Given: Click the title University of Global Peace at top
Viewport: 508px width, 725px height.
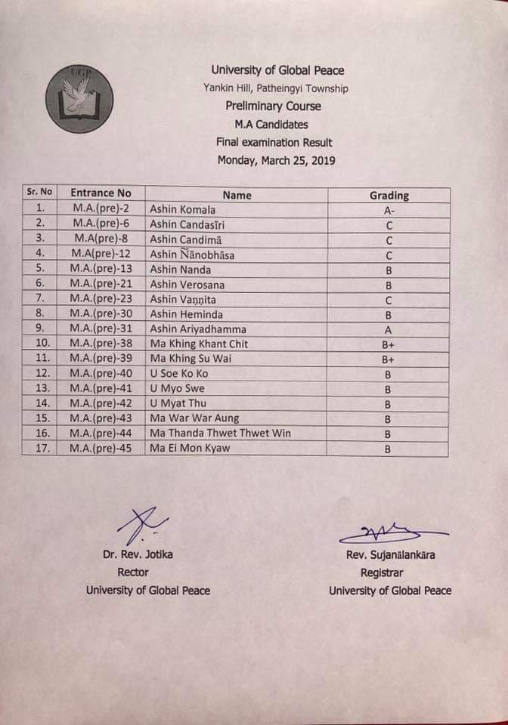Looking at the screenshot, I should click(x=277, y=71).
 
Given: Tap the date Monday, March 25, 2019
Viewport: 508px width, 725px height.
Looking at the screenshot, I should click(x=277, y=160).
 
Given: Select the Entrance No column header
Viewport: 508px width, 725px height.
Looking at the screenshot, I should click(x=101, y=193).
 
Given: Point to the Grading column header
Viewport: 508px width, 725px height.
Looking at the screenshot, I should click(x=389, y=195).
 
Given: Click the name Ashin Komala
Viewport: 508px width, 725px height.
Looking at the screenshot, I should click(x=182, y=210).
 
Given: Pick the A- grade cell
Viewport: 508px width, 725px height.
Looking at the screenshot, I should click(x=389, y=211).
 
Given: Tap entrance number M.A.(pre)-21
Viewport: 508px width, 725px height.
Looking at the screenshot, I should click(x=101, y=285).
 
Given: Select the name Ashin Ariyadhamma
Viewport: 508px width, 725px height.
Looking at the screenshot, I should click(x=198, y=329).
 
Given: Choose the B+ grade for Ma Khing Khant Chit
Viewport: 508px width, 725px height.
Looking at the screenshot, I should click(x=389, y=345).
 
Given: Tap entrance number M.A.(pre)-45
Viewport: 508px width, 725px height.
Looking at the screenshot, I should click(x=101, y=448).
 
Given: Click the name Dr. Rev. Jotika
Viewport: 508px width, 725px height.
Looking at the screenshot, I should click(x=138, y=554).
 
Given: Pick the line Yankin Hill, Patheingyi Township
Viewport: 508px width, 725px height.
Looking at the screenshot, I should click(x=276, y=88).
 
